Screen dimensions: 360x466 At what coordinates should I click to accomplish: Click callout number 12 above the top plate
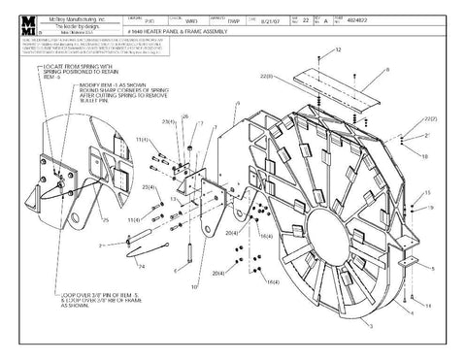337,49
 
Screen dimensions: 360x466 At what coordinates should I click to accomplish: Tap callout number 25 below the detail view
105,221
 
